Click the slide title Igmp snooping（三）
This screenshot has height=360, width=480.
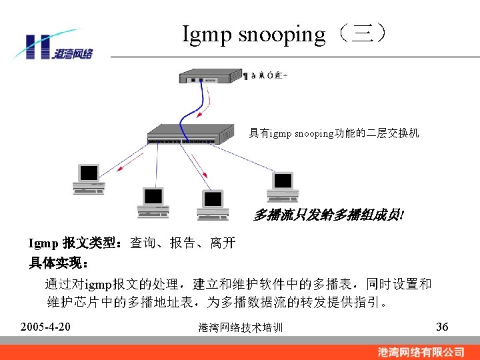284,34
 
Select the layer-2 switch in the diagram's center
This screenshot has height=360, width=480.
190,133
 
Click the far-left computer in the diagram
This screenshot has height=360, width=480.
89,179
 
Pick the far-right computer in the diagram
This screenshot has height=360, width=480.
283,186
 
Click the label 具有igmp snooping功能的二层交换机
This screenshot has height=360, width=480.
334,133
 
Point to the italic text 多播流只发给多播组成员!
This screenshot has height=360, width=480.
329,215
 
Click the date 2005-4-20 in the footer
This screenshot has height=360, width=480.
46,327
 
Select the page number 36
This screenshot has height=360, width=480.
442,327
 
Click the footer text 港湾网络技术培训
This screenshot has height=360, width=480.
241,327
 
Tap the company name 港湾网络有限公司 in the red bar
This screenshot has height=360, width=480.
421,351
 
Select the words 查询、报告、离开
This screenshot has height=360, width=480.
183,243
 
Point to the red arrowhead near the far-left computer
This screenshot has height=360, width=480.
120,170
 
